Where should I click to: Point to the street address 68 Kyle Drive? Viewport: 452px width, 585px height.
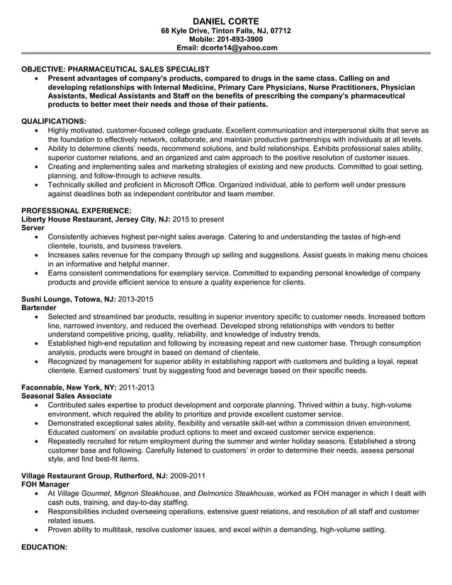coord(188,30)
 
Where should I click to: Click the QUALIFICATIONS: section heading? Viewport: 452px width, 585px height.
coord(55,121)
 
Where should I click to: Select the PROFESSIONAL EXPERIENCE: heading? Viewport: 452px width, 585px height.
coord(77,210)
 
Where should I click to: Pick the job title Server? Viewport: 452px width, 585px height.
coord(33,229)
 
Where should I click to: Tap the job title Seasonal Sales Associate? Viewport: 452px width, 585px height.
coord(67,396)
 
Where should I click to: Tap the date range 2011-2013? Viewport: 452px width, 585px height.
coord(135,387)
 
